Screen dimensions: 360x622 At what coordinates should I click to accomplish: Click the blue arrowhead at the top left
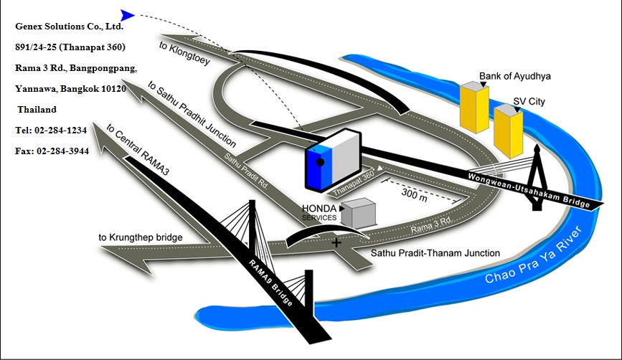point(127,14)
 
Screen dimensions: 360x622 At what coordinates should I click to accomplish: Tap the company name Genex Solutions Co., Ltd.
point(70,27)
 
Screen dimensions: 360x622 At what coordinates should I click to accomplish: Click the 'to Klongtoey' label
point(184,53)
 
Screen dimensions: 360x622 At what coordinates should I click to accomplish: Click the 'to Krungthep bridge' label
point(140,237)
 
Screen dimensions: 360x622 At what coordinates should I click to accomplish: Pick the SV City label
point(529,102)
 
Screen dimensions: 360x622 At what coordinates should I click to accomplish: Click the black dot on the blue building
point(321,162)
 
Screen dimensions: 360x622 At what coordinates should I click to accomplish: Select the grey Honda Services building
point(358,212)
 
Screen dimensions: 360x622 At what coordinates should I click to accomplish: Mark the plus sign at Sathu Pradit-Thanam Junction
point(336,243)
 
